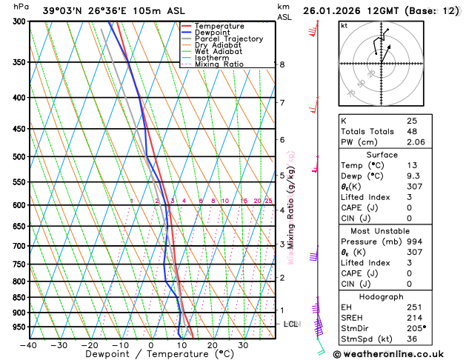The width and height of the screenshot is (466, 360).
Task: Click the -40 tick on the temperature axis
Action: [28, 345]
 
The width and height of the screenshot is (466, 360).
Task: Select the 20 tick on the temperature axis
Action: [212, 345]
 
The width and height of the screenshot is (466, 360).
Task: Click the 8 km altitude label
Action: [282, 64]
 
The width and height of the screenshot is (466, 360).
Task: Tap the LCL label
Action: [291, 324]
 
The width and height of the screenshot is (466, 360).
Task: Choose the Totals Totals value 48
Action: [412, 131]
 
